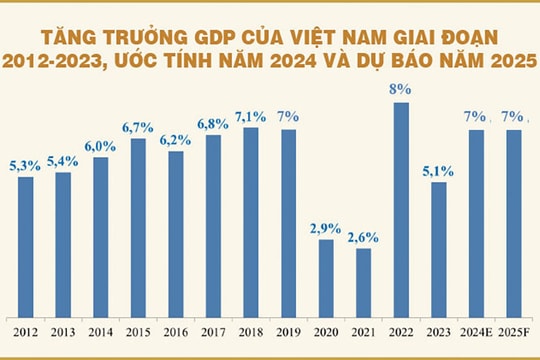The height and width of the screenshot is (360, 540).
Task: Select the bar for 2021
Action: click(x=363, y=279)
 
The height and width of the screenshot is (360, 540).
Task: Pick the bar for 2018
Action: click(x=251, y=219)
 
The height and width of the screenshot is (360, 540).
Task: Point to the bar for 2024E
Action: click(x=476, y=220)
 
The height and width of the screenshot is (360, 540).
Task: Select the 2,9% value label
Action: click(x=325, y=228)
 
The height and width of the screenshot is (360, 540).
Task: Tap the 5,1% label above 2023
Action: click(x=438, y=170)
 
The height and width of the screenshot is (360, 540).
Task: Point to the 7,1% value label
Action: click(x=251, y=116)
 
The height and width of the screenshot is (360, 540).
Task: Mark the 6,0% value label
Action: click(x=100, y=145)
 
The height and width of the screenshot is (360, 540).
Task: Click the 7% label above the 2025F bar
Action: click(x=513, y=118)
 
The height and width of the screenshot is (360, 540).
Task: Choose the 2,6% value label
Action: click(x=363, y=237)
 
